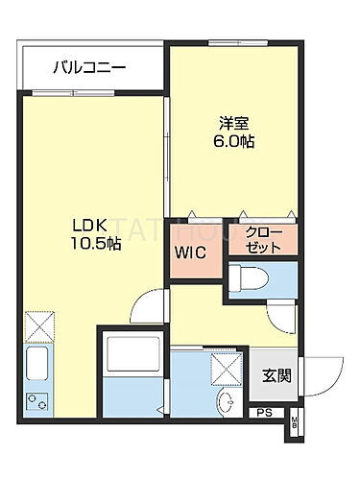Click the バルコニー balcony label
[x=90, y=68]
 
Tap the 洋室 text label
[x=233, y=124]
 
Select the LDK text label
[x=86, y=227]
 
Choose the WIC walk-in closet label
[x=189, y=254]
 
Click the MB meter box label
[x=296, y=423]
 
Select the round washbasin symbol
[x=225, y=404]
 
